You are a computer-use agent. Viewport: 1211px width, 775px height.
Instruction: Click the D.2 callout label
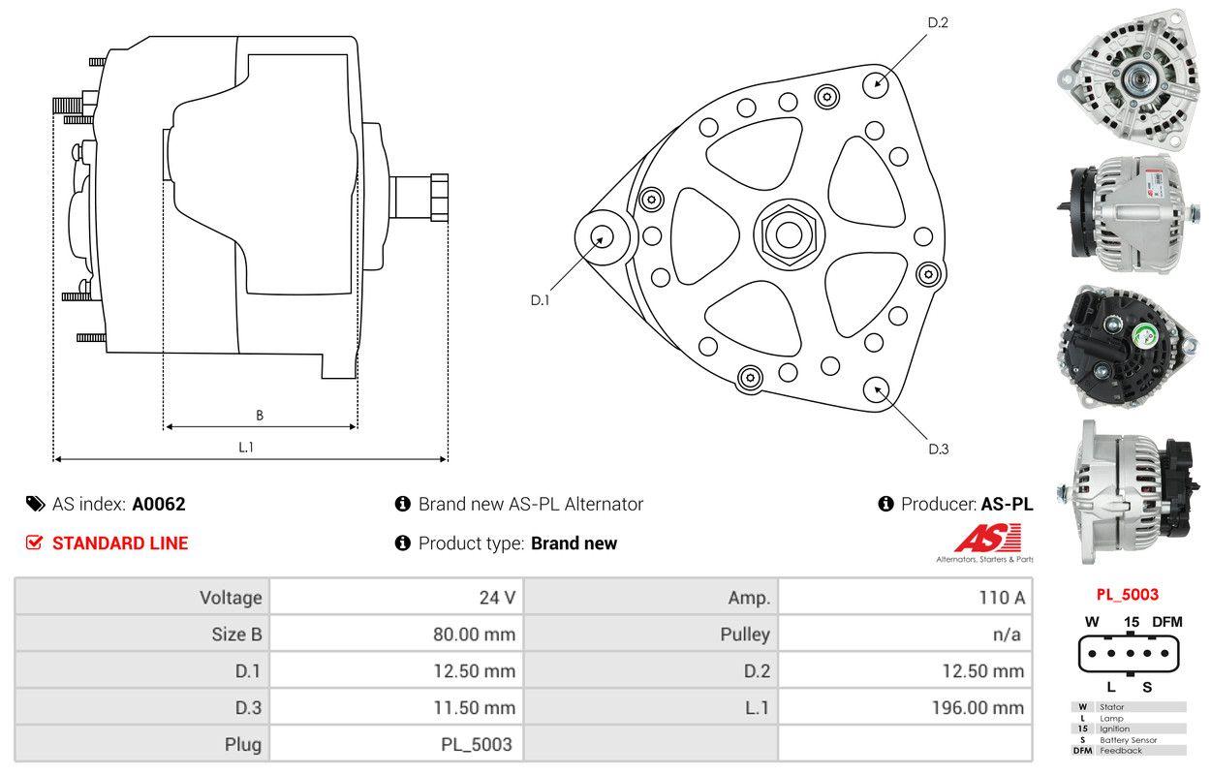coord(937,22)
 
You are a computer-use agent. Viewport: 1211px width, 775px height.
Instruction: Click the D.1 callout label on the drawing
coord(540,300)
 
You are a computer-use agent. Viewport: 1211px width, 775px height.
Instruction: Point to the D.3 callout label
coord(938,449)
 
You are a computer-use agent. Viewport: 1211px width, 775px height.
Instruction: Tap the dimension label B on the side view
coord(260,416)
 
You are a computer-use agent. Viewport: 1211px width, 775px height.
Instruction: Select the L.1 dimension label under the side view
coord(246,447)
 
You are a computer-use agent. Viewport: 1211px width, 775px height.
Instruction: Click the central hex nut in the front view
coord(785,232)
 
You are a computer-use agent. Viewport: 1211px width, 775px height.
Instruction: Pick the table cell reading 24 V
coord(497,597)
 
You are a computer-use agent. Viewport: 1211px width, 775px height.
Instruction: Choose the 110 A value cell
coord(1001,597)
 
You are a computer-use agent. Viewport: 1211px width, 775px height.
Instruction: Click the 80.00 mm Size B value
coord(474,635)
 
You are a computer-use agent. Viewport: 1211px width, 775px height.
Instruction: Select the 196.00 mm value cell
coord(978,708)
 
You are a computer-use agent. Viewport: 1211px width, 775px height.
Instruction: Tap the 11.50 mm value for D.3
coord(474,708)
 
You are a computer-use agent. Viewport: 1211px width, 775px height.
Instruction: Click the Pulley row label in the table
coord(745,635)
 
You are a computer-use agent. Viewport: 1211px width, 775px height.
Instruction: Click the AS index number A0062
coord(159,504)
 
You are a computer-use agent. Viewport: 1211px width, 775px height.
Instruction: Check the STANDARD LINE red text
coord(120,543)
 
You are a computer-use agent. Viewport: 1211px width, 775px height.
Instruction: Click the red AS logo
coord(987,538)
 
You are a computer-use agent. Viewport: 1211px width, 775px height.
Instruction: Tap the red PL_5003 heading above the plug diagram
coord(1127,595)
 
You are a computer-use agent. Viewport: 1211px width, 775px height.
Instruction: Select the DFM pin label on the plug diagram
coord(1166,622)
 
